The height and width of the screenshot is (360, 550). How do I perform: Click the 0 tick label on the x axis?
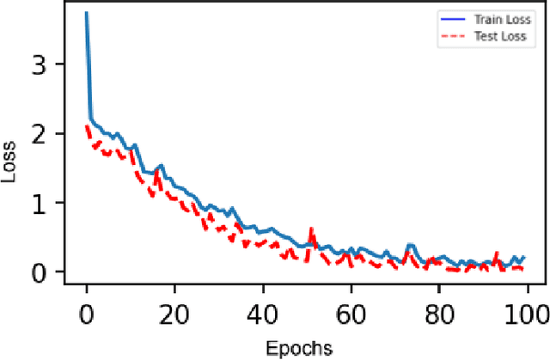tap(86, 313)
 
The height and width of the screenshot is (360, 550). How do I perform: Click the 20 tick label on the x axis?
tap(174, 313)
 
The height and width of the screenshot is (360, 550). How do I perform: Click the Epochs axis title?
tap(297, 347)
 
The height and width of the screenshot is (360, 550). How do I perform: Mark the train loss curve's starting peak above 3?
tap(86, 15)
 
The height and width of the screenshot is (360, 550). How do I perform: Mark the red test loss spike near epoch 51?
tap(311, 229)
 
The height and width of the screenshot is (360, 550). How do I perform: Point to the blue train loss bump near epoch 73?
tap(410, 246)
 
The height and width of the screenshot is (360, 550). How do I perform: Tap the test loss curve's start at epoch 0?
tap(87, 126)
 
